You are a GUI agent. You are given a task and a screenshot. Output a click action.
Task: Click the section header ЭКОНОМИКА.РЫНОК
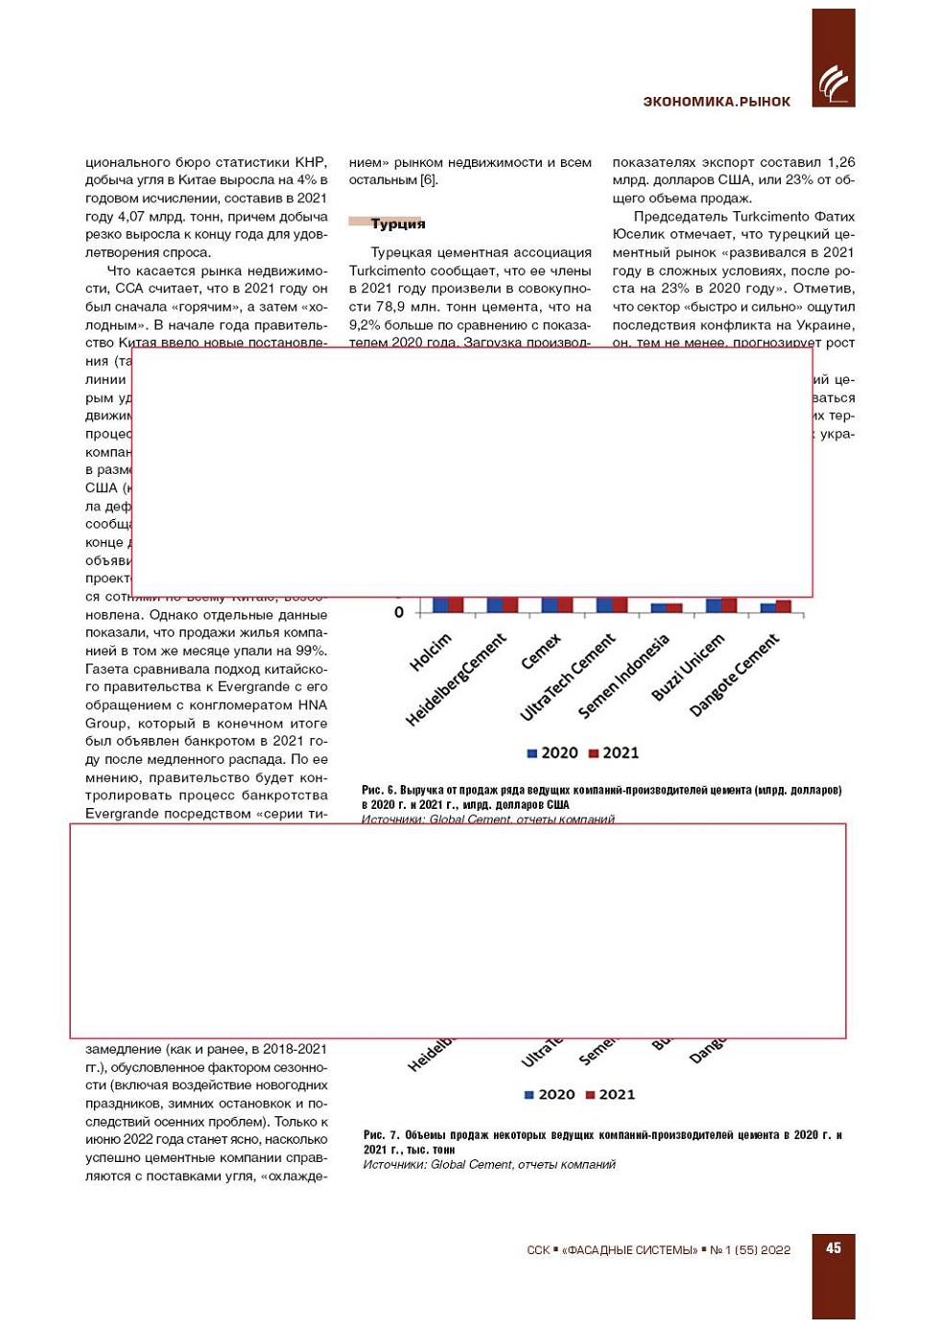pyautogui.click(x=717, y=102)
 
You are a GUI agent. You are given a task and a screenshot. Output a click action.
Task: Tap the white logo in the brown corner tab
pyautogui.click(x=833, y=84)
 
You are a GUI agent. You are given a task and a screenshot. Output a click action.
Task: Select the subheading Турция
pyautogui.click(x=398, y=224)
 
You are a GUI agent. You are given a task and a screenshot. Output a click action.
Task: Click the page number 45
pyautogui.click(x=834, y=1247)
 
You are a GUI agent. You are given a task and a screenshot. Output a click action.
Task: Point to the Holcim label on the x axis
pyautogui.click(x=431, y=653)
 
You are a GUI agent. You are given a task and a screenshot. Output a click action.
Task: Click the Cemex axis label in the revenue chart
pyautogui.click(x=541, y=652)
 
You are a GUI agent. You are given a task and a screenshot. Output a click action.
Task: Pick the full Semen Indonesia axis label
pyautogui.click(x=624, y=676)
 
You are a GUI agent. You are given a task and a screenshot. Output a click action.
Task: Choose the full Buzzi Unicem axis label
pyautogui.click(x=688, y=667)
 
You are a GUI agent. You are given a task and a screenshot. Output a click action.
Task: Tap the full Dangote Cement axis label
pyautogui.click(x=735, y=675)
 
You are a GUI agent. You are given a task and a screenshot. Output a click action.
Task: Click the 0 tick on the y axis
pyautogui.click(x=399, y=612)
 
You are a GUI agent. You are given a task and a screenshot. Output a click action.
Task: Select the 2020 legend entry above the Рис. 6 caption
pyautogui.click(x=552, y=753)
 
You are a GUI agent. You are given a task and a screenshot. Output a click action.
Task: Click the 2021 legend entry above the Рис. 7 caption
pyautogui.click(x=611, y=1095)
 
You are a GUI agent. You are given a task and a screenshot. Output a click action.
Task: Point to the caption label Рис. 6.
pyautogui.click(x=379, y=790)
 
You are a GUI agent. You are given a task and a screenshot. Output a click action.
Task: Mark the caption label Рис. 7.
pyautogui.click(x=381, y=1135)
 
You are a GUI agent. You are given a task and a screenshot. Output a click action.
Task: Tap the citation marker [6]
pyautogui.click(x=429, y=180)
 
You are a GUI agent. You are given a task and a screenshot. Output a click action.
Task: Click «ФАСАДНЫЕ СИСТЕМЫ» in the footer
pyautogui.click(x=630, y=1249)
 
